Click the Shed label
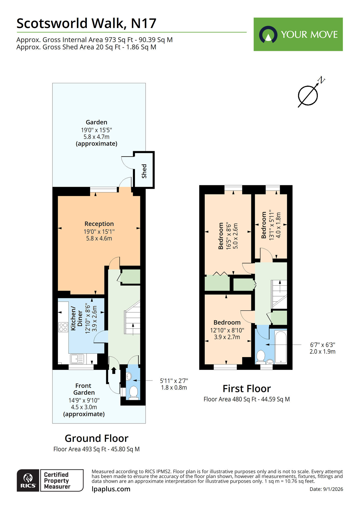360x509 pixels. (x=144, y=171)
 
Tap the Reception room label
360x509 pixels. (x=99, y=224)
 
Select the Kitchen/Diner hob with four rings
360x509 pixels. (x=63, y=327)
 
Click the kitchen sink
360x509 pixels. (x=77, y=359)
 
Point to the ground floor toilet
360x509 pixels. (x=134, y=392)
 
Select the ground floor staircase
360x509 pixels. (x=132, y=318)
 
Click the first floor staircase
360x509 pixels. (x=279, y=294)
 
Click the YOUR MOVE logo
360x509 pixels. (x=298, y=34)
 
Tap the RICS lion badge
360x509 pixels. (x=28, y=480)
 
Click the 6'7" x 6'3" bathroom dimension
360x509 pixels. (x=322, y=348)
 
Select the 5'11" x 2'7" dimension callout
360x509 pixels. (x=174, y=384)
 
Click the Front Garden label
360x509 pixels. (x=84, y=389)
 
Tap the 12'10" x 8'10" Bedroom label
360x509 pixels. (x=227, y=323)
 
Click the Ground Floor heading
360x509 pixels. (x=96, y=438)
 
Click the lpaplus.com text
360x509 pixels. (x=111, y=489)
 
